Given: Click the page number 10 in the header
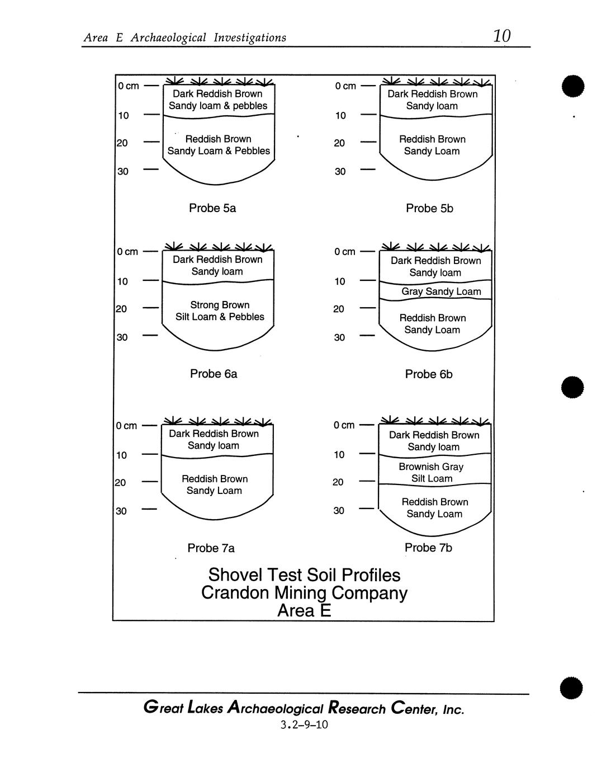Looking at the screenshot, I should [x=501, y=36].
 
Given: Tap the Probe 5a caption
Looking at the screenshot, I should [x=212, y=208].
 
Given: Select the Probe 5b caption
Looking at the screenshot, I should [x=429, y=208].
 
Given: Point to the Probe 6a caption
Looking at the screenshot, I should [x=214, y=374].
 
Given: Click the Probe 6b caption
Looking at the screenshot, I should [x=429, y=374].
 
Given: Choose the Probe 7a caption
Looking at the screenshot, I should [x=211, y=548].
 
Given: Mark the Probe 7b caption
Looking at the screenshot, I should [x=428, y=548].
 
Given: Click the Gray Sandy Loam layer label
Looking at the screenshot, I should [x=441, y=291].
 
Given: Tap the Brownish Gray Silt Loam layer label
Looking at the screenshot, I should [x=431, y=473].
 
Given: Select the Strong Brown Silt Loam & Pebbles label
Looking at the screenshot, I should [x=220, y=311].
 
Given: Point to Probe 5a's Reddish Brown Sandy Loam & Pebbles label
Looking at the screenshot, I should [x=219, y=145].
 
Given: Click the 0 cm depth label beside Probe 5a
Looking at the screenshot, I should [x=128, y=86].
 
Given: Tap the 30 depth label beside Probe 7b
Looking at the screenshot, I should [x=339, y=511].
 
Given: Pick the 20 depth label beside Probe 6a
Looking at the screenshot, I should [x=121, y=309].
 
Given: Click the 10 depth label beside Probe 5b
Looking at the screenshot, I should [x=340, y=116].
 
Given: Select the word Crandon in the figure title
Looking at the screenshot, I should [x=235, y=593].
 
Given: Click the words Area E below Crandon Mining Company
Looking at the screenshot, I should [x=304, y=611].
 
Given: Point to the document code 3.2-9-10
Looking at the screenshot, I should [x=304, y=725].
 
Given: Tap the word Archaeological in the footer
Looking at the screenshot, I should [x=277, y=709].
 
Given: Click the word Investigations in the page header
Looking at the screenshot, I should [x=250, y=37].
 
